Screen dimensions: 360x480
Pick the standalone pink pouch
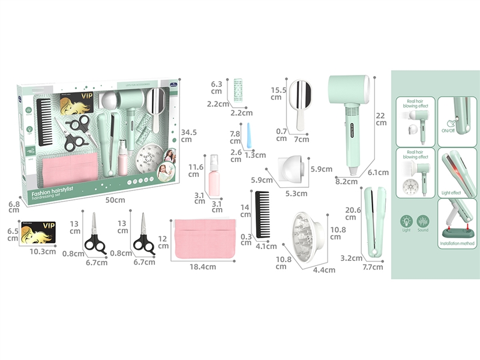click(204, 239)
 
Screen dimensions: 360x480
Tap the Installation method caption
click(457, 244)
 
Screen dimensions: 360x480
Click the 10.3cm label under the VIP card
click(43, 251)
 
